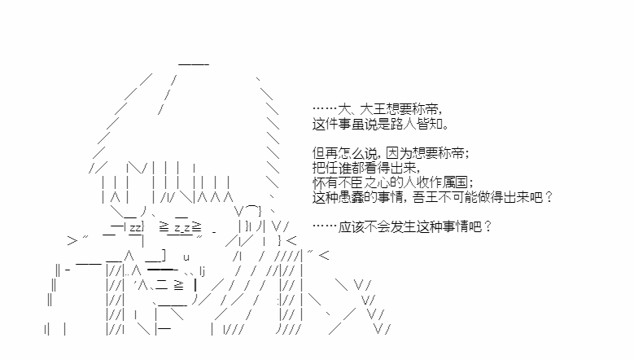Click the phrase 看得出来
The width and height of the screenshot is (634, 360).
click(390, 168)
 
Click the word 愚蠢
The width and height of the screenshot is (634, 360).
click(352, 197)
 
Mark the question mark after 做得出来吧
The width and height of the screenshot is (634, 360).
click(549, 197)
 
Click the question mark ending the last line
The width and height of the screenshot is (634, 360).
click(488, 227)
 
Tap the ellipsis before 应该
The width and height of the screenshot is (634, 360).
click(325, 226)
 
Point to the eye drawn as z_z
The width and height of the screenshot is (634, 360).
click(182, 228)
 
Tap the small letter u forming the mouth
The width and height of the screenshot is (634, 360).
click(186, 257)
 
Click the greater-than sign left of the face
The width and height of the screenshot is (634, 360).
click(72, 241)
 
